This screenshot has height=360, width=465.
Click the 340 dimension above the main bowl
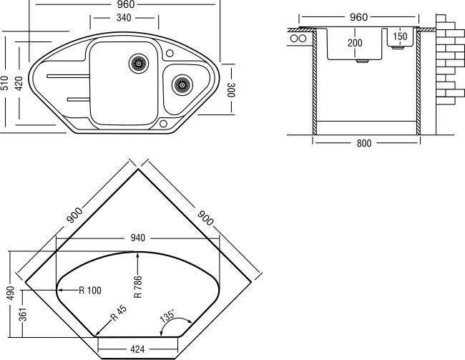124,18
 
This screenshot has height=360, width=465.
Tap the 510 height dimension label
5,83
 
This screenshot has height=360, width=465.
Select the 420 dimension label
19,84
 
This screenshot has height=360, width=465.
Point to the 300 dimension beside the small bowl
231,89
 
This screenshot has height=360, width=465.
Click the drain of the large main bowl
139,63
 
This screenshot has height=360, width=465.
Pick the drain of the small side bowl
182,85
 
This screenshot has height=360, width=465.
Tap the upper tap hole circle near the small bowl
170,53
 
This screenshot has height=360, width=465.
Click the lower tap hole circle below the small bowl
163,124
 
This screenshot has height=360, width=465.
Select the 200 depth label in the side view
355,43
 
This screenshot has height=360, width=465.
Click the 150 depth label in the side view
400,37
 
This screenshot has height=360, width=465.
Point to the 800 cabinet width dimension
364,143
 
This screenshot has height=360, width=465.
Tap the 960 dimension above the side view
358,17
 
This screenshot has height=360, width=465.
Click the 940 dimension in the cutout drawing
138,238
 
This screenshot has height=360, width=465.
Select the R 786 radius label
138,287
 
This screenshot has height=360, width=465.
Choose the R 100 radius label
90,290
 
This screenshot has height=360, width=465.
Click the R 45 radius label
119,313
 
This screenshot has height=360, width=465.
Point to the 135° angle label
167,316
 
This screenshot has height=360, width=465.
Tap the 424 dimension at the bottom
137,349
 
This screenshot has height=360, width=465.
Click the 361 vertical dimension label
23,315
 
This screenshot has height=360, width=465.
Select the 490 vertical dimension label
11,293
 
